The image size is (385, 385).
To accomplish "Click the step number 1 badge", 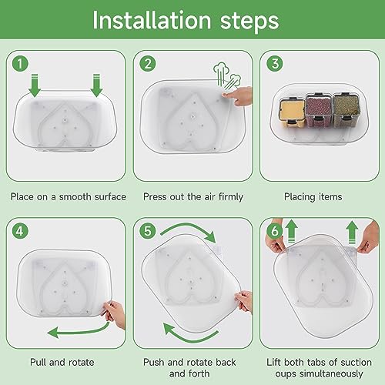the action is (20, 64).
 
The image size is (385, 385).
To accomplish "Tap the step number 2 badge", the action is (148, 64).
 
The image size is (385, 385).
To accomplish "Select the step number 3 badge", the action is (275, 64).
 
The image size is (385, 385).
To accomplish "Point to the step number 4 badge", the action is (20, 231).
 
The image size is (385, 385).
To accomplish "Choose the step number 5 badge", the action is (148, 231).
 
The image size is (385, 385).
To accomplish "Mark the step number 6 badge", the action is (275, 231).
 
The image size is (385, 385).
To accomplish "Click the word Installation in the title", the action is (152, 20).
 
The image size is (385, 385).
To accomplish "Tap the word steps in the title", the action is (249, 22).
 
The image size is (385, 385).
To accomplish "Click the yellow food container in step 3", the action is (293, 112).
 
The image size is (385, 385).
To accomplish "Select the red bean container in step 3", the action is (319, 110).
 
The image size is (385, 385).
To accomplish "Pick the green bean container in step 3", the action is (346, 110).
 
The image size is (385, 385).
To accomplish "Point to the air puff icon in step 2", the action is (227, 75).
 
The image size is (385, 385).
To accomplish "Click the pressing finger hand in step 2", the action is (237, 95).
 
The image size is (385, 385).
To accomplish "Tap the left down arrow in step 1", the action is (35, 85).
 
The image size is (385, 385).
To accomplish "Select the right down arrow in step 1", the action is (96, 85).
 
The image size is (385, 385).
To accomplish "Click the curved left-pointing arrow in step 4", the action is (79, 331).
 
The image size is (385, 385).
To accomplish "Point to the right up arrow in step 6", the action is (352, 233).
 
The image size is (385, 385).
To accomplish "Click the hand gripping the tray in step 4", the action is (114, 314).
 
